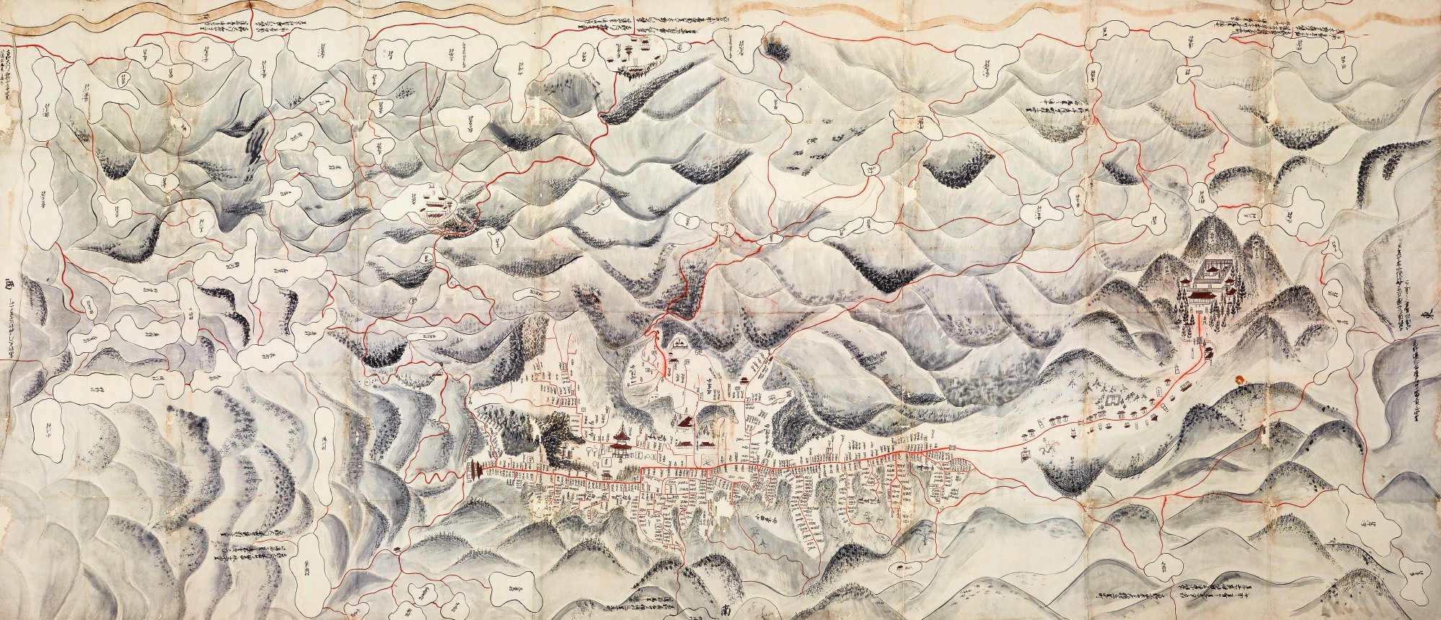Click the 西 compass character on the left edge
click(9, 282)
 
